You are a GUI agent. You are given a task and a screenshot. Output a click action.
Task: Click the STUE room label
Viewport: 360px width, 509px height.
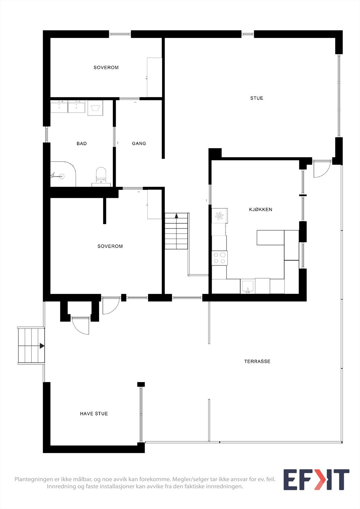pyautogui.click(x=257, y=98)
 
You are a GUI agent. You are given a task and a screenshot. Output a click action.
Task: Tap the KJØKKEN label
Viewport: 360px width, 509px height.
pyautogui.click(x=260, y=209)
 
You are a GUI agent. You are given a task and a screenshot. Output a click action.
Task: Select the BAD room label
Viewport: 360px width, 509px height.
pyautogui.click(x=81, y=143)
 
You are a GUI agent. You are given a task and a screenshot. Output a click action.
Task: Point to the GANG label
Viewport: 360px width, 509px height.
pyautogui.click(x=139, y=143)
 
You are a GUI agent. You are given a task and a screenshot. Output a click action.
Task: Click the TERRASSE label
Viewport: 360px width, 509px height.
pyautogui.click(x=257, y=361)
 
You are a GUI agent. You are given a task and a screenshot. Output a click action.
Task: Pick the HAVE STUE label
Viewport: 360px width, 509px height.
pyautogui.click(x=94, y=414)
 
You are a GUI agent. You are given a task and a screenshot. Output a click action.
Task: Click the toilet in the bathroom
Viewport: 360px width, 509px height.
pyautogui.click(x=101, y=174)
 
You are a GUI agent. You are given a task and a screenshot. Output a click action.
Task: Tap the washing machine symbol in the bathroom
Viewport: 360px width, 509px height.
pyautogui.click(x=95, y=108)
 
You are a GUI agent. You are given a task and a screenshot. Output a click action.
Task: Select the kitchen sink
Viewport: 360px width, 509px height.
pyautogui.click(x=247, y=286)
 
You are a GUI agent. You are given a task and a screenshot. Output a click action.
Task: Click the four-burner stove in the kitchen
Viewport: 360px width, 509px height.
pyautogui.click(x=219, y=258)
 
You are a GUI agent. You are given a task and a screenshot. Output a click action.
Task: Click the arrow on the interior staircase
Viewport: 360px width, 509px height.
pyautogui.click(x=176, y=216)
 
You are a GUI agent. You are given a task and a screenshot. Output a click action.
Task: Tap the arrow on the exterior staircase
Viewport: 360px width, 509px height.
pyautogui.click(x=42, y=346)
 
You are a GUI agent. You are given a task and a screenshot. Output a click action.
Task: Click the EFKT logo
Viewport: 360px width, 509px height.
pyautogui.click(x=316, y=480)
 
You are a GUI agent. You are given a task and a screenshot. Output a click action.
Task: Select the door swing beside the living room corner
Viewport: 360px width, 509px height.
pyautogui.click(x=321, y=169)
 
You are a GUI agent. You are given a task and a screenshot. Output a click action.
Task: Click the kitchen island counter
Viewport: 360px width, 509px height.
pyautogui.click(x=270, y=238)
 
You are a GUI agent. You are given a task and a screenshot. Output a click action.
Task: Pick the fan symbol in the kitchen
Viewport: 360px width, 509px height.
pyautogui.click(x=219, y=216)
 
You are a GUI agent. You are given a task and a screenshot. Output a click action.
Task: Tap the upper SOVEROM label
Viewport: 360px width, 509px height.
pyautogui.click(x=106, y=67)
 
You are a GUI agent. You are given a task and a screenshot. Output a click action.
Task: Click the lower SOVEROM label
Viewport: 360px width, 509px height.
pyautogui.click(x=110, y=246)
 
